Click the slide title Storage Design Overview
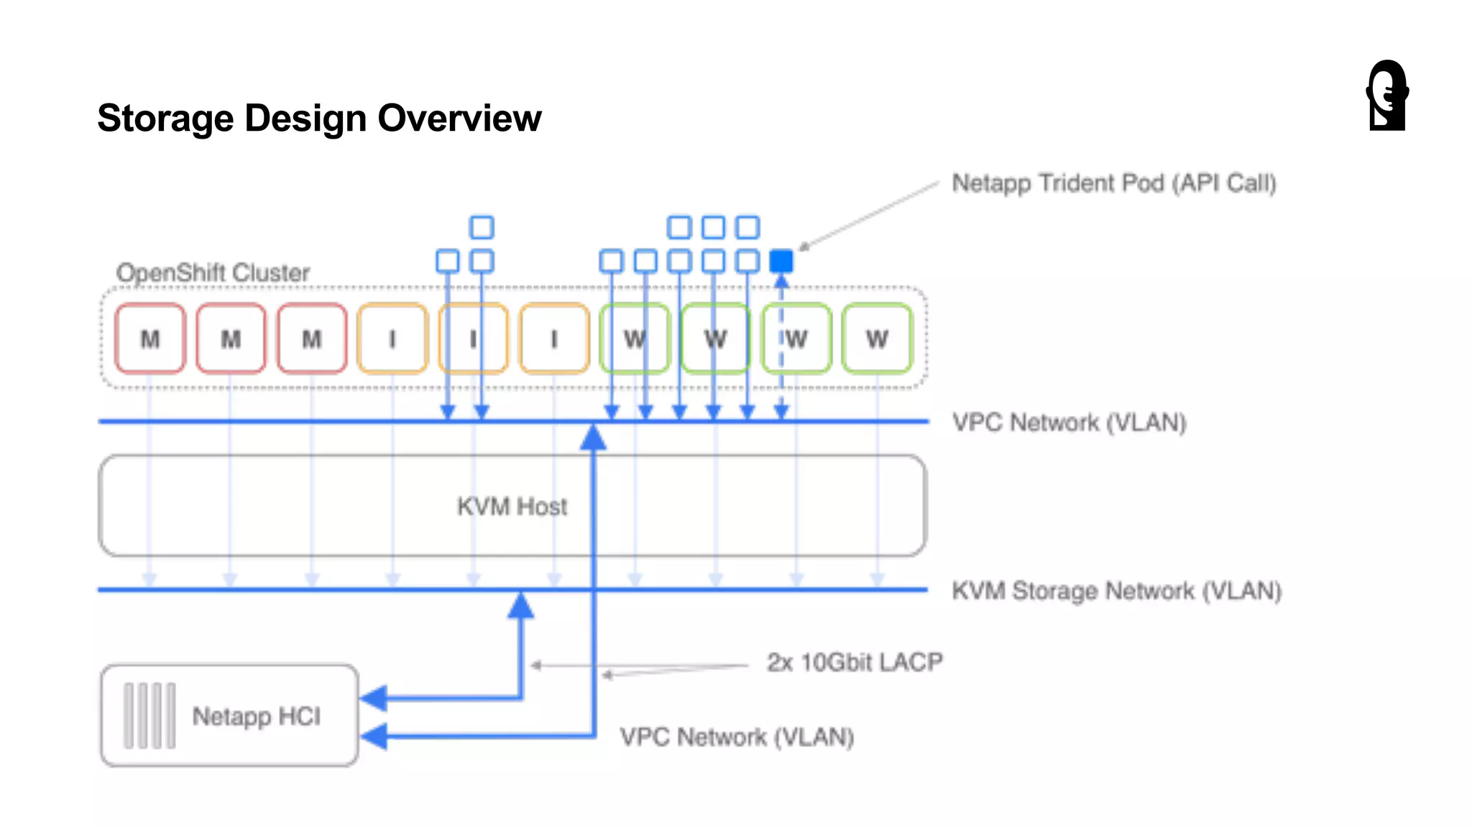[x=319, y=119]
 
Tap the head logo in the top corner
[x=1387, y=95]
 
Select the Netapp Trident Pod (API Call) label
[x=1113, y=183]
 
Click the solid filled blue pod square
[x=781, y=261]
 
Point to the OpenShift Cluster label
[x=213, y=273]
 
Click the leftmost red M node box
[x=150, y=339]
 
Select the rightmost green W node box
[x=877, y=339]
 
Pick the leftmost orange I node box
[x=392, y=339]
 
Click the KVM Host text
[x=512, y=507]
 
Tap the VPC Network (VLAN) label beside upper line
[x=1069, y=423]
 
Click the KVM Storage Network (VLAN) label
[x=1116, y=591]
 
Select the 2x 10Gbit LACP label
[x=854, y=662]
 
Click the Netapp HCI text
[x=256, y=716]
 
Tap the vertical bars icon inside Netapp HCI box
[x=149, y=716]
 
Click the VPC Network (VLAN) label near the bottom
[x=737, y=737]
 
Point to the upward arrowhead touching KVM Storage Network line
[x=521, y=605]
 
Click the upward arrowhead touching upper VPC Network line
[x=594, y=437]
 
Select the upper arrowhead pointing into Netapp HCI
[x=374, y=697]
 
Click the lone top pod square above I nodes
[x=482, y=227]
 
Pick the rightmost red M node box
[x=312, y=339]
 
